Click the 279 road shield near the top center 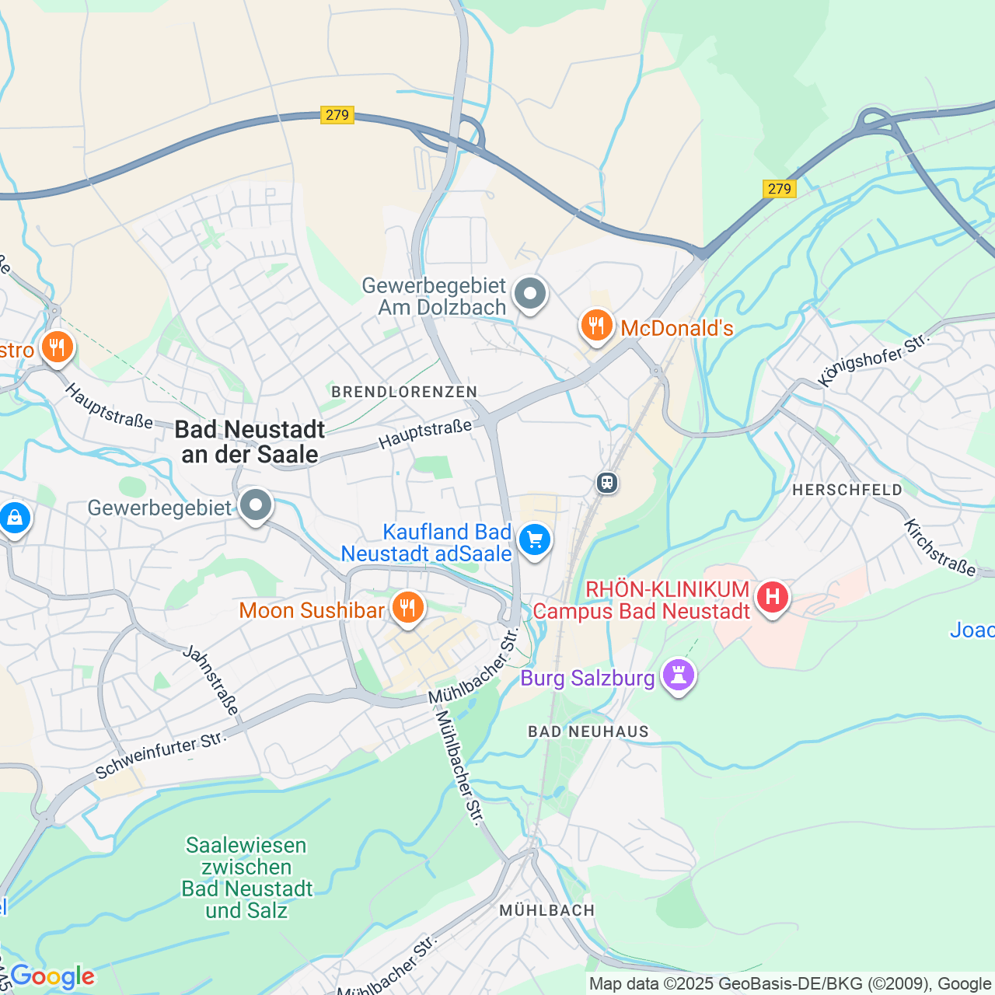click(337, 115)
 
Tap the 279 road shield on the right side click(779, 189)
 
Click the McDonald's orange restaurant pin click(596, 326)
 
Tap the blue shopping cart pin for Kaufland click(535, 540)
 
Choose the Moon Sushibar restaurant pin click(407, 609)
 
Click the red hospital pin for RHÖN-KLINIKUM click(773, 598)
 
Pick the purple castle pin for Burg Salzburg click(678, 676)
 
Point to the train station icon click(607, 483)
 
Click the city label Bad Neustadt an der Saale click(250, 442)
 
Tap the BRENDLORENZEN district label click(404, 392)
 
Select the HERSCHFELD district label click(847, 490)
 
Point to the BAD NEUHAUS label click(588, 731)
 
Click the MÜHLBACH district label click(547, 910)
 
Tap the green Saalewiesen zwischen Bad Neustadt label click(247, 878)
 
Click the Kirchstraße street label click(939, 547)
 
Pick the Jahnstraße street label click(211, 679)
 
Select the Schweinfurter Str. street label click(160, 755)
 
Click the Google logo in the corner click(52, 976)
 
